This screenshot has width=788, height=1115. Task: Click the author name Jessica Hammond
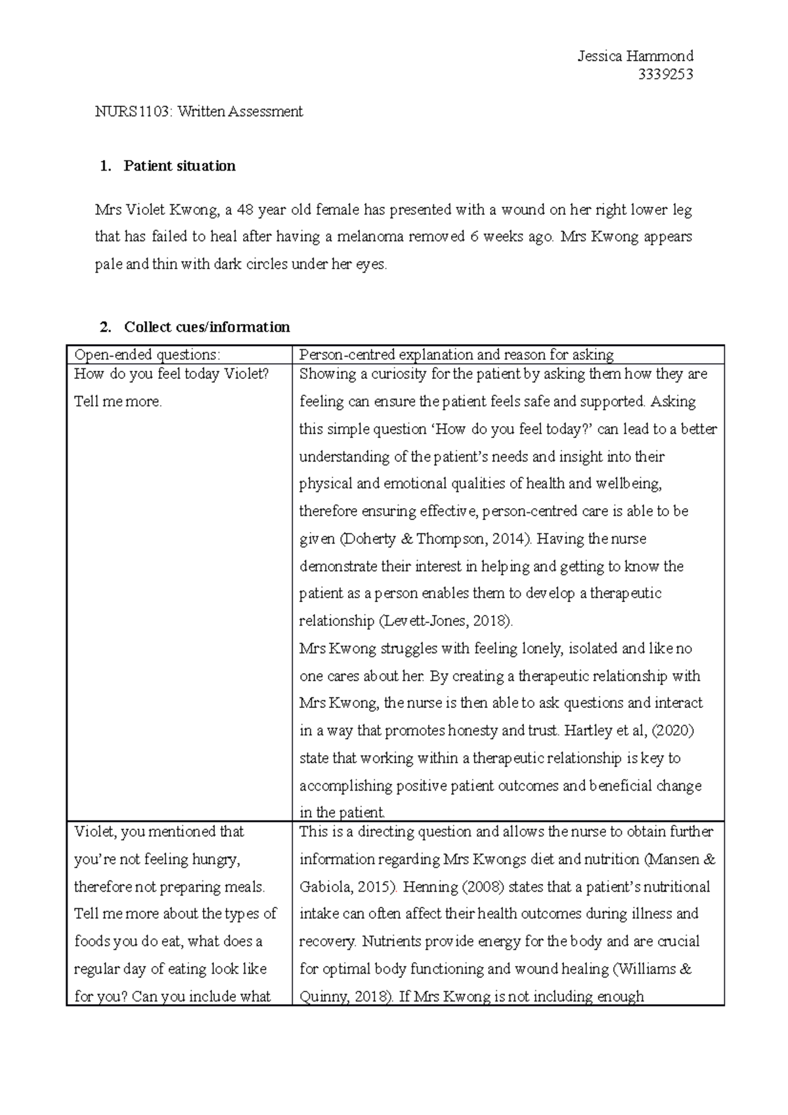coord(635,56)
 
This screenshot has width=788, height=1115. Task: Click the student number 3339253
coord(666,74)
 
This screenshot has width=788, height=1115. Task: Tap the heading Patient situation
coord(179,165)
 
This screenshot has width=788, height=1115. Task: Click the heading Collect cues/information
coord(207,327)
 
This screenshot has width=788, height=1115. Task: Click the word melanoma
coord(370,237)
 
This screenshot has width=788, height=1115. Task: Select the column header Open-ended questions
coord(147,355)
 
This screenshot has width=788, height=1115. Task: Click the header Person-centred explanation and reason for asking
coord(456,355)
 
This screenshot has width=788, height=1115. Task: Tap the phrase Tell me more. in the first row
coord(118,402)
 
